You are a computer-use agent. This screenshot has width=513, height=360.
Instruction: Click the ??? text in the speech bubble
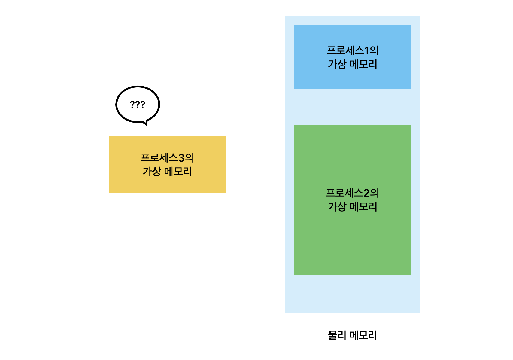pyautogui.click(x=138, y=105)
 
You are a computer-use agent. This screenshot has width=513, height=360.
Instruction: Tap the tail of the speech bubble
pyautogui.click(x=145, y=123)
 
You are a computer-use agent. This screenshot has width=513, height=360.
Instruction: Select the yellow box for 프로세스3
pyautogui.click(x=167, y=183)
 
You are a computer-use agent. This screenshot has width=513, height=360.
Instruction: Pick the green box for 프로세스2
pyautogui.click(x=353, y=240)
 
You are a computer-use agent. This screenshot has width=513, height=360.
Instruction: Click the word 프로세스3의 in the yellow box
pyautogui.click(x=167, y=157)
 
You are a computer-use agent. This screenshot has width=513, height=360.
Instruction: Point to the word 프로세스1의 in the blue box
pyautogui.click(x=353, y=50)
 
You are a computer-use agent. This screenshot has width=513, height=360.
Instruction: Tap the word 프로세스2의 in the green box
pyautogui.click(x=353, y=193)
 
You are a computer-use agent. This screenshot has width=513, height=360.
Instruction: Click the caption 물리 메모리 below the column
pyautogui.click(x=353, y=335)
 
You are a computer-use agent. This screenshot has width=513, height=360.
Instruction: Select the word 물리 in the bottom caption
pyautogui.click(x=337, y=335)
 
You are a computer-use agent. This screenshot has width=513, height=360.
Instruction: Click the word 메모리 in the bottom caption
pyautogui.click(x=363, y=335)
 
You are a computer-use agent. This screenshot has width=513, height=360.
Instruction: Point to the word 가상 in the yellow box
pyautogui.click(x=152, y=172)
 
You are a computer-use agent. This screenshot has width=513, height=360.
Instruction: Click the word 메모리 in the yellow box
pyautogui.click(x=178, y=172)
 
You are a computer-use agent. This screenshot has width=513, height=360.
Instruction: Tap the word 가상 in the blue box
pyautogui.click(x=337, y=64)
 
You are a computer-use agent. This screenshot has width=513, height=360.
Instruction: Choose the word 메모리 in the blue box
pyautogui.click(x=363, y=64)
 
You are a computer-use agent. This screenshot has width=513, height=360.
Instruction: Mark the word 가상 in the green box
pyautogui.click(x=337, y=207)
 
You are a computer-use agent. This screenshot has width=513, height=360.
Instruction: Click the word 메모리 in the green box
pyautogui.click(x=363, y=207)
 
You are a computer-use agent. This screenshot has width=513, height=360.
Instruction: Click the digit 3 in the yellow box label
pyautogui.click(x=181, y=158)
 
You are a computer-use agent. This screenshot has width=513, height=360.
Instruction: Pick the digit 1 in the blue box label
pyautogui.click(x=366, y=50)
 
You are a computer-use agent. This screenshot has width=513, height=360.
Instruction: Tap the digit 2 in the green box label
pyautogui.click(x=366, y=193)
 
